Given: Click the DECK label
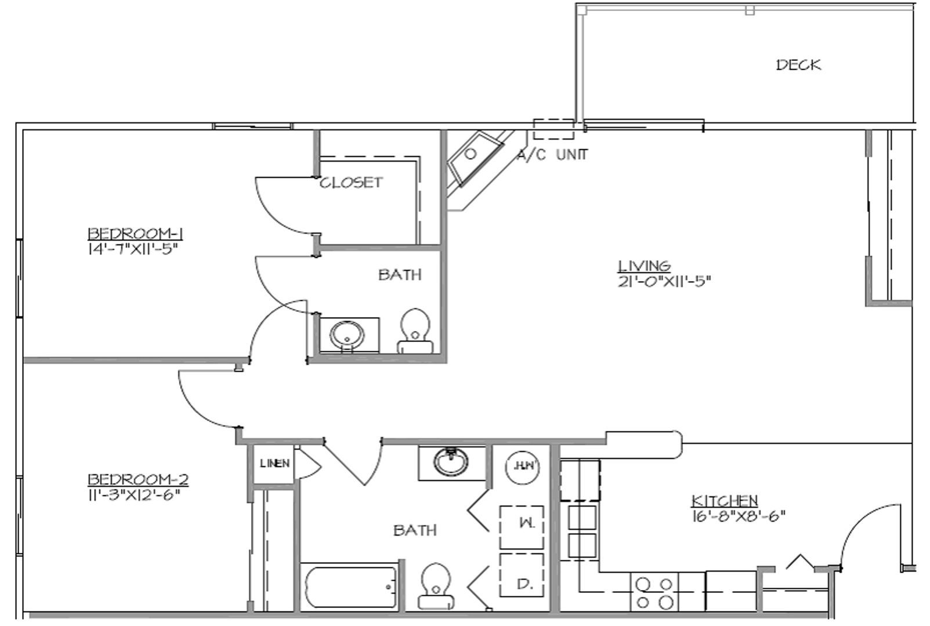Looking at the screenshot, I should coord(798,64).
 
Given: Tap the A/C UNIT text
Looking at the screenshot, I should coord(552,155).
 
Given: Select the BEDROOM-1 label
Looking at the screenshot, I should coord(136,234).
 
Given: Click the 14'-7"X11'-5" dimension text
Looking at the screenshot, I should coord(131,250).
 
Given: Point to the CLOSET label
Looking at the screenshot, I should coord(351,183).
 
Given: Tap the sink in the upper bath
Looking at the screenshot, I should coord(348,335).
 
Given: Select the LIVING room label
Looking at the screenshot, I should coord(644,265).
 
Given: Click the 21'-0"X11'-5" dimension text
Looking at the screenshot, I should coord(664,282).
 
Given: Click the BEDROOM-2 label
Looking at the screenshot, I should coord(138,479).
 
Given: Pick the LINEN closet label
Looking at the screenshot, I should coord(274,464).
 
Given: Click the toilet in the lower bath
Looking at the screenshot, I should coord(436,585).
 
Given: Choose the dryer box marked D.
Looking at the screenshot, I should coord(522,576).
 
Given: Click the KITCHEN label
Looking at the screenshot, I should coord(725,500).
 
